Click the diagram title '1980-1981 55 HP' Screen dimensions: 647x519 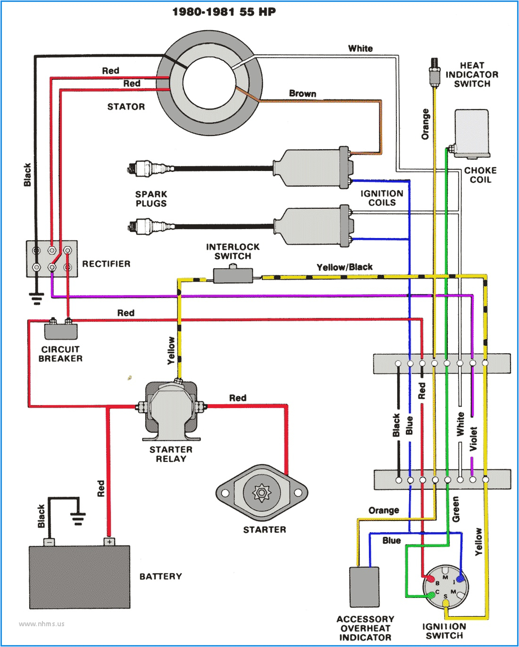pyautogui.click(x=224, y=12)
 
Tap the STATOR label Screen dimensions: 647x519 pyautogui.click(x=126, y=107)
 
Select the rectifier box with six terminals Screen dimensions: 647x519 pyautogui.click(x=51, y=259)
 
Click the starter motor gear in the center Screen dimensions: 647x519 pyautogui.click(x=261, y=493)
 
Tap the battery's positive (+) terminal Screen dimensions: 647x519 pyautogui.click(x=109, y=542)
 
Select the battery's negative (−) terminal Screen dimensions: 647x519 pyautogui.click(x=50, y=542)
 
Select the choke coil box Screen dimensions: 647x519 pyautogui.click(x=472, y=133)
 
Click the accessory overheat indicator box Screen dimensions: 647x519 pyautogui.click(x=364, y=587)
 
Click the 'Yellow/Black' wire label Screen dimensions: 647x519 pyautogui.click(x=344, y=267)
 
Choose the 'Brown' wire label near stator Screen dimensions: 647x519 pyautogui.click(x=302, y=94)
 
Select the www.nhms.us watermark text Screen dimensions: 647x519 pyautogui.click(x=42, y=624)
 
